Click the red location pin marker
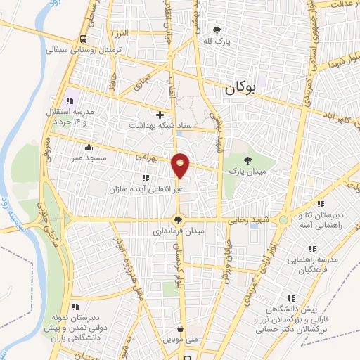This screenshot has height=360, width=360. [181, 165]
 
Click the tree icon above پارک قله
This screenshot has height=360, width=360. [217, 30]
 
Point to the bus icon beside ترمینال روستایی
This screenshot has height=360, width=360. [83, 39]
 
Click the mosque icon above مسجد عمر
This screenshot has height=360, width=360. [89, 148]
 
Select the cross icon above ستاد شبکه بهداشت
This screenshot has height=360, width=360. [160, 114]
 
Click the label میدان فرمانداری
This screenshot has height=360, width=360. [179, 231]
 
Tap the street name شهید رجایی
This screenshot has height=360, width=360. [247, 219]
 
